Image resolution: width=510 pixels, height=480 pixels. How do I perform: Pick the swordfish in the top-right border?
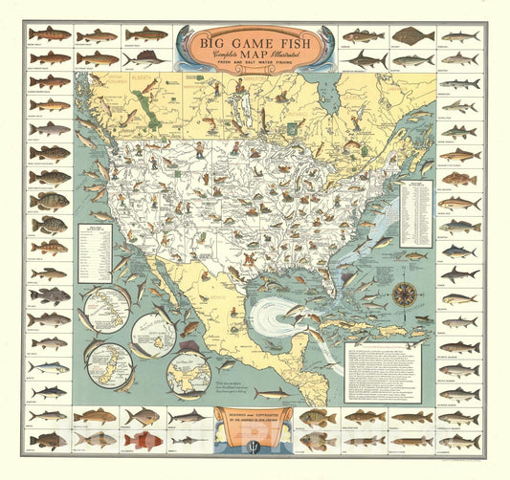click(x=366, y=60)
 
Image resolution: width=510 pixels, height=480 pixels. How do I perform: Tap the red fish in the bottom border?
click(x=144, y=440)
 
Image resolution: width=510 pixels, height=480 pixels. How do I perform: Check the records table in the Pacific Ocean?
click(x=95, y=252)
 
